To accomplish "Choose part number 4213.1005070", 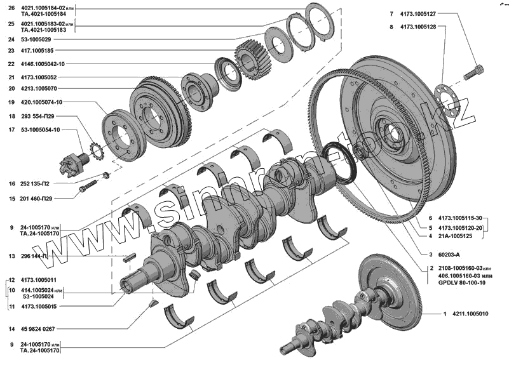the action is click(43, 89).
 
